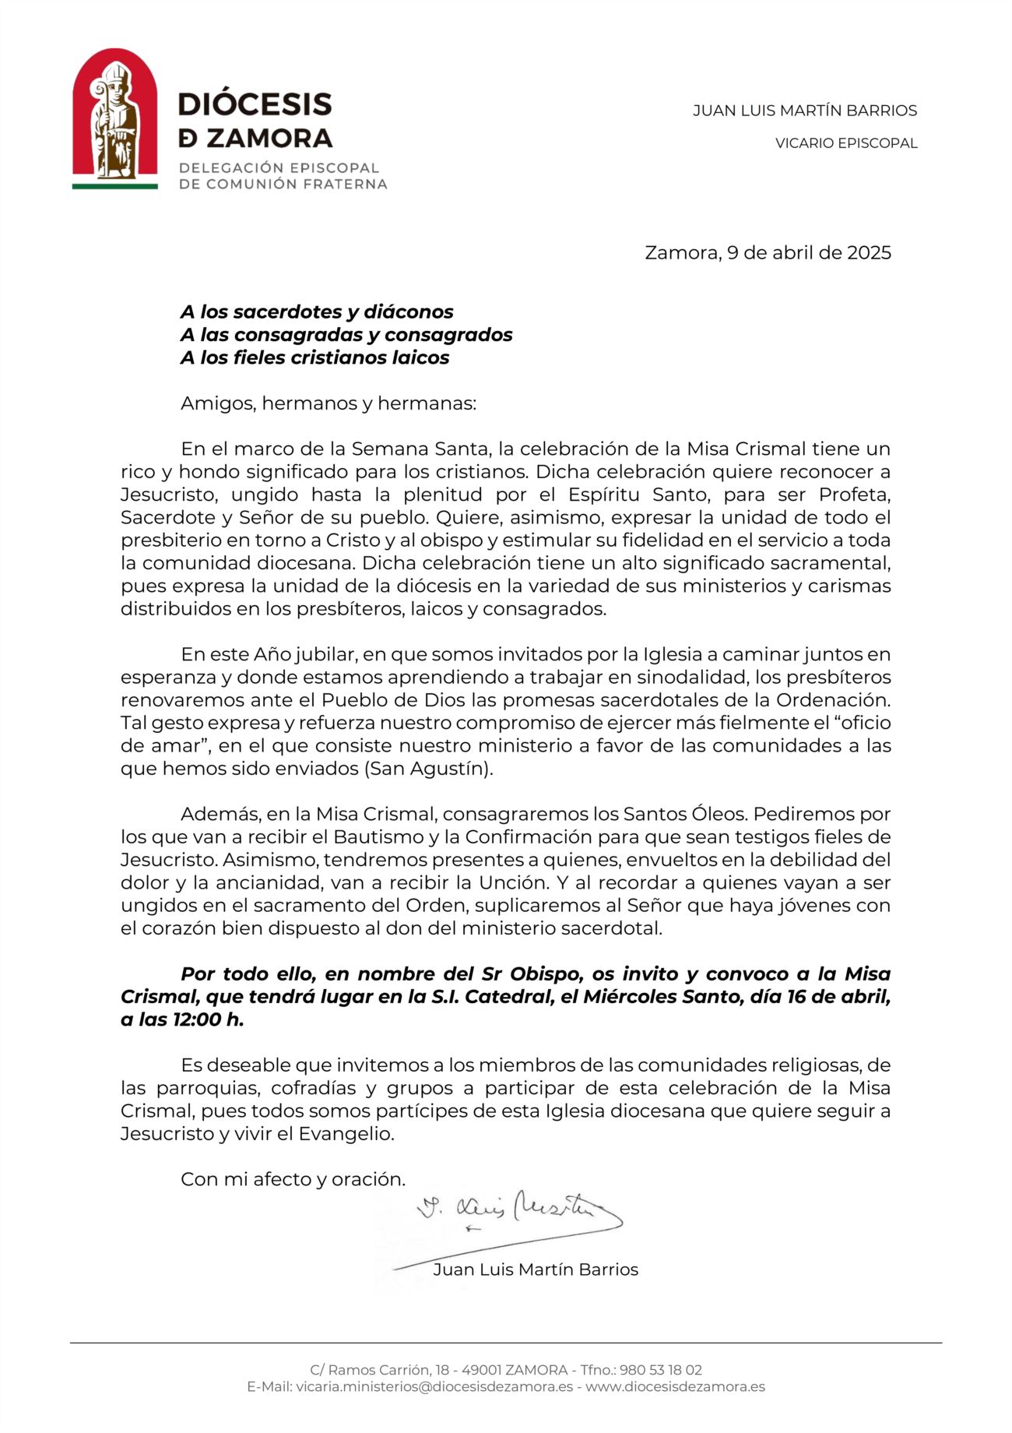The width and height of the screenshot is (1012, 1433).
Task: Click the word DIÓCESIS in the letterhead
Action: click(x=255, y=104)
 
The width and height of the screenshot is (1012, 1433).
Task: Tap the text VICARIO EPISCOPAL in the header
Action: click(x=846, y=143)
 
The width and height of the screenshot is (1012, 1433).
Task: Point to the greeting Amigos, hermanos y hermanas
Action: click(x=328, y=403)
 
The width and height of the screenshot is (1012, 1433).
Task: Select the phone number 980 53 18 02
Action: click(x=661, y=1370)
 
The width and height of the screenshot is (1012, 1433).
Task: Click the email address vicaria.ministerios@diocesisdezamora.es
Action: click(x=434, y=1386)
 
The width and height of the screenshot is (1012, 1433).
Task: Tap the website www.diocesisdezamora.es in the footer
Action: click(x=675, y=1386)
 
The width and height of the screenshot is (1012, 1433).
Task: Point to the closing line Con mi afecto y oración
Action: click(x=293, y=1179)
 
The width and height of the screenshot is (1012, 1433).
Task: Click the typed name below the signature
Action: click(x=536, y=1269)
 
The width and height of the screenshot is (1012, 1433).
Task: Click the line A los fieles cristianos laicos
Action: click(x=315, y=357)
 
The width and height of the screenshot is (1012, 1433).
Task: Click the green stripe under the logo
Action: click(x=115, y=186)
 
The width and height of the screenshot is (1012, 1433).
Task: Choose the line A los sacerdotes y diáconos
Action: click(x=317, y=312)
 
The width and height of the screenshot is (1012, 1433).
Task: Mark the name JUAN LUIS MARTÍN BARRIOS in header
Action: click(x=805, y=111)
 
